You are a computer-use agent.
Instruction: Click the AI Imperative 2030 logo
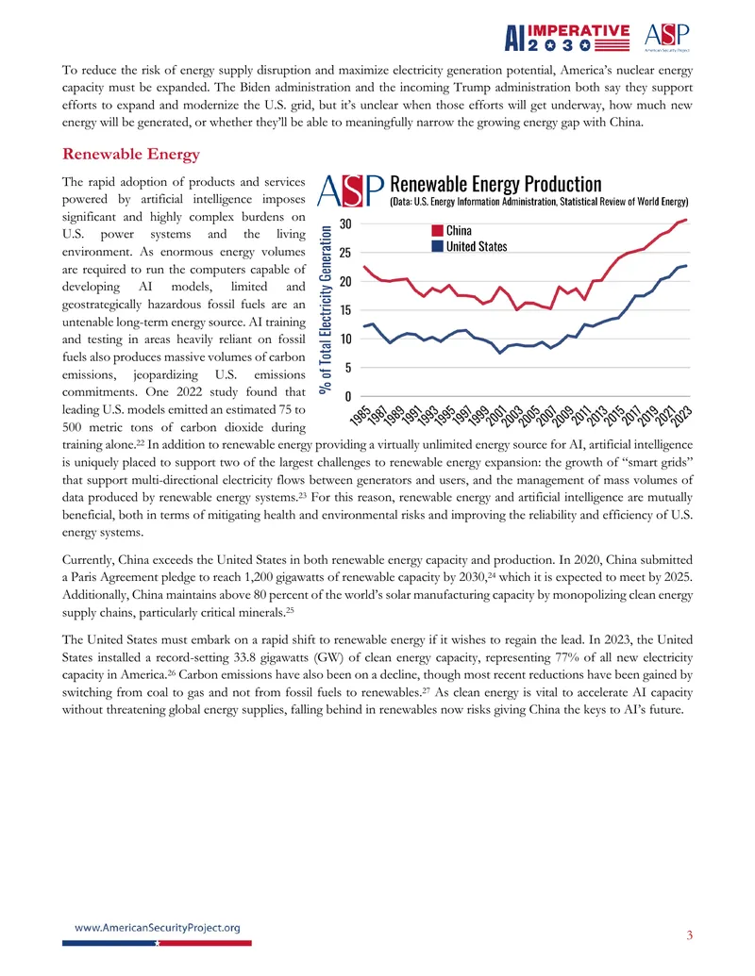click(x=567, y=38)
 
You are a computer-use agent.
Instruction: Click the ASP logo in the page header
click(x=666, y=38)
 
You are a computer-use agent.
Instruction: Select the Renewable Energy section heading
click(x=131, y=154)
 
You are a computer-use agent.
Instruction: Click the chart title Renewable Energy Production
click(x=495, y=184)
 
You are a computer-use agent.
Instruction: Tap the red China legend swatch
click(x=437, y=231)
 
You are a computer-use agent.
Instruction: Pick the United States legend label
click(x=477, y=246)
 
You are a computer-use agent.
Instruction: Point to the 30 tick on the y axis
click(x=345, y=224)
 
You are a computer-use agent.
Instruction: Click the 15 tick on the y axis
click(x=345, y=310)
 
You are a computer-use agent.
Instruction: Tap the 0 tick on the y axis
click(x=348, y=396)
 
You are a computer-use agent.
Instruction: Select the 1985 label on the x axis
click(x=361, y=415)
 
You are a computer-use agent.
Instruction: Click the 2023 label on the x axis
click(x=682, y=415)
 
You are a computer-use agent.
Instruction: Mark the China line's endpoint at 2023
click(x=686, y=220)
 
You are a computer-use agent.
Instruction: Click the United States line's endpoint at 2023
click(x=686, y=266)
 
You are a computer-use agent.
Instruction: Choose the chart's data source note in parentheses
click(x=540, y=202)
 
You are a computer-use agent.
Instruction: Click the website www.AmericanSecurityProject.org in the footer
click(x=157, y=928)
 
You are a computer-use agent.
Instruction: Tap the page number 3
click(x=689, y=935)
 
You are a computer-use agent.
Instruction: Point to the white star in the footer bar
click(x=157, y=943)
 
